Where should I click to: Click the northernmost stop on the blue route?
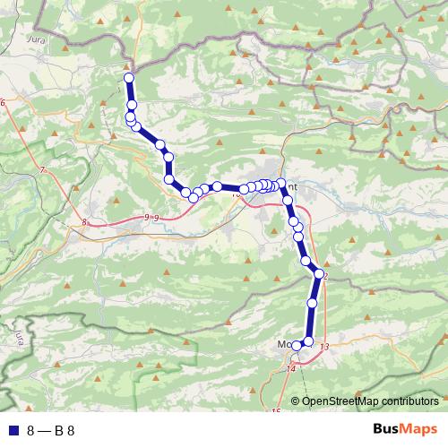128,78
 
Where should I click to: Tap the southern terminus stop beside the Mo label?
296,346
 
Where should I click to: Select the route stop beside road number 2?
318,274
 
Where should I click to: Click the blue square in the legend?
12,429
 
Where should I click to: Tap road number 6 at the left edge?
3,103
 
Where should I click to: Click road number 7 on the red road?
42,169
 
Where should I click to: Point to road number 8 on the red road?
83,222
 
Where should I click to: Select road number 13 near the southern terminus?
323,347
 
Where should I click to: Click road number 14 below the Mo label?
291,368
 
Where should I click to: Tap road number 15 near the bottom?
276,411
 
